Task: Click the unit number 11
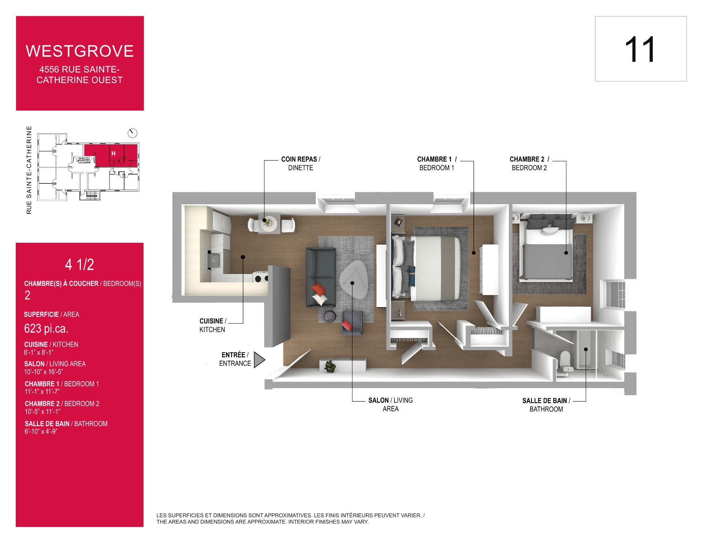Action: click(x=640, y=49)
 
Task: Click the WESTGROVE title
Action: click(x=80, y=51)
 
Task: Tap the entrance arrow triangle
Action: click(x=259, y=360)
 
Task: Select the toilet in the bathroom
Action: click(x=565, y=361)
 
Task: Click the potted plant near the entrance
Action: click(x=330, y=366)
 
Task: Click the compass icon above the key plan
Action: click(x=133, y=133)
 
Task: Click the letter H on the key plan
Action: click(x=114, y=153)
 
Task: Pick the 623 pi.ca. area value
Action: click(x=46, y=328)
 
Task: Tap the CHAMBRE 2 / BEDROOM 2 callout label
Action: click(x=529, y=164)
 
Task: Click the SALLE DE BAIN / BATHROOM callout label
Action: click(x=546, y=405)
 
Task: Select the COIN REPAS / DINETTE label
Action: click(x=301, y=164)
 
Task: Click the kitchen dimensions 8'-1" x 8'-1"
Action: click(x=39, y=353)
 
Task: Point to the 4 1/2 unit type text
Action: click(x=79, y=264)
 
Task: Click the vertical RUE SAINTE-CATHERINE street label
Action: click(x=29, y=170)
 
